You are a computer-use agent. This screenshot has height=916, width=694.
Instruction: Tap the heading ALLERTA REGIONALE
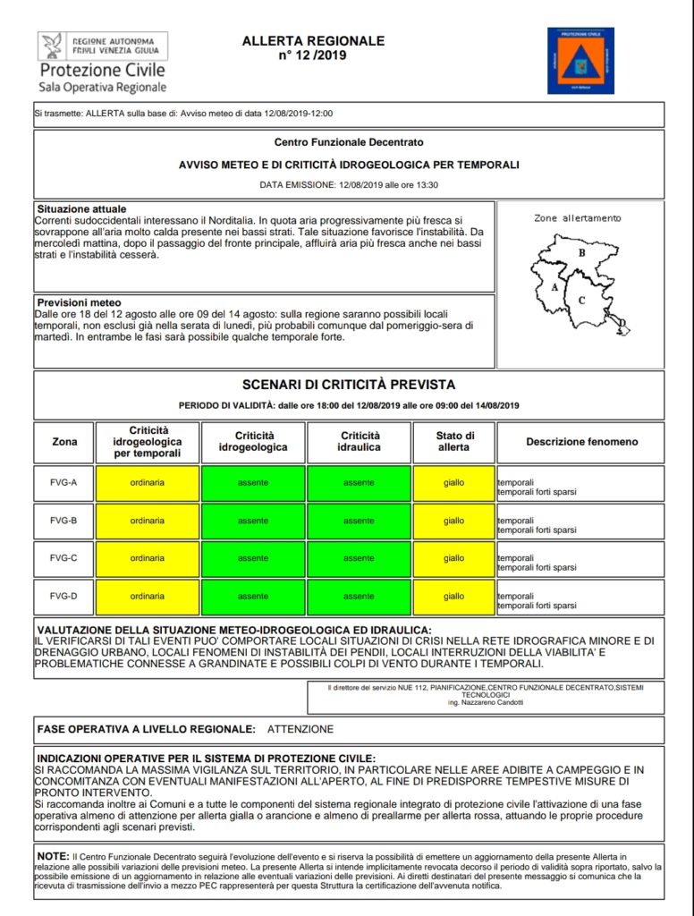313,41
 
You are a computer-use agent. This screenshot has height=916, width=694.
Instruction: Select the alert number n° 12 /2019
313,55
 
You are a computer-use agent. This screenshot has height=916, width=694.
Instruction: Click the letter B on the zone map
581,253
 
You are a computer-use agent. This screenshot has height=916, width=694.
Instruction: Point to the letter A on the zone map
555,288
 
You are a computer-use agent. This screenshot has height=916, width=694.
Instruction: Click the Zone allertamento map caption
577,217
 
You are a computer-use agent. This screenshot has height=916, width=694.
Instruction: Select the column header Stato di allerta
453,442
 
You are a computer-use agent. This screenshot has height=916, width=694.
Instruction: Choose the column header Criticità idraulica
359,442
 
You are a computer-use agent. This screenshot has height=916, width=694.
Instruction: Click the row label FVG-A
64,483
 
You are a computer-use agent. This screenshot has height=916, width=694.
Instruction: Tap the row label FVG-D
64,597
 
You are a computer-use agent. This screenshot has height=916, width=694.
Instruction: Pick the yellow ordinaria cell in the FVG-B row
148,521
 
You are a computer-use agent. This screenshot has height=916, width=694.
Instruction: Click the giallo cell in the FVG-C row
453,558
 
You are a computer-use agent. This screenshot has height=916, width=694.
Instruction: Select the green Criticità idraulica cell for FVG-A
359,483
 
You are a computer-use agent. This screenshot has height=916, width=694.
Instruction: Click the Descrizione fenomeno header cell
581,442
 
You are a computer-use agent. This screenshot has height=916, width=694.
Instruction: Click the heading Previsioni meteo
79,302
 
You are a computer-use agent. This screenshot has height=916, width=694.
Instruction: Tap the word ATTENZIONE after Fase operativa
300,729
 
